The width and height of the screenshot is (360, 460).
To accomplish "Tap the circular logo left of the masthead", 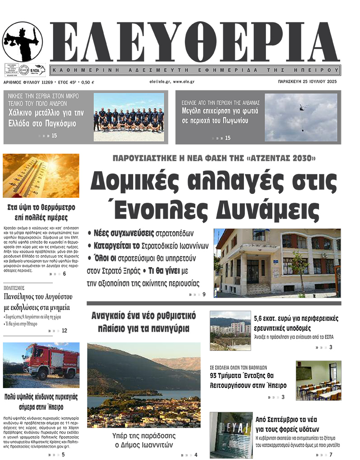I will (x=23, y=42).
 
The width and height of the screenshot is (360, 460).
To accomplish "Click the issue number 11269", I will (x=46, y=82).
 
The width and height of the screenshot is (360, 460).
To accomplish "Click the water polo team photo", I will (x=129, y=117).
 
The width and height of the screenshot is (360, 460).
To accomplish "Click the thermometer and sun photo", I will (x=41, y=175).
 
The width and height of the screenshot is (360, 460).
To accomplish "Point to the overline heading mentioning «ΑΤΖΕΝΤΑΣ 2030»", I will (x=214, y=158).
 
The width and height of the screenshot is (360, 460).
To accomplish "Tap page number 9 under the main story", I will (x=204, y=295).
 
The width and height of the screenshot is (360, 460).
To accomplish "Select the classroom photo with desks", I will (x=318, y=380).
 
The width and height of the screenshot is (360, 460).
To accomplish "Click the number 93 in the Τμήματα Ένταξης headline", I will (x=216, y=375).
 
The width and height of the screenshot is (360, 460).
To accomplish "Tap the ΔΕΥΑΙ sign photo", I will (x=231, y=434).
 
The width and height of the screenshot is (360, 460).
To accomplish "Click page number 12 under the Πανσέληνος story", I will (x=64, y=330).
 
